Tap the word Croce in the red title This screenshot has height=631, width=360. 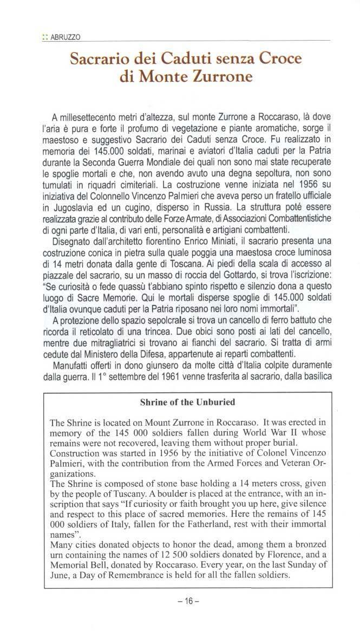point(275,57)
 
